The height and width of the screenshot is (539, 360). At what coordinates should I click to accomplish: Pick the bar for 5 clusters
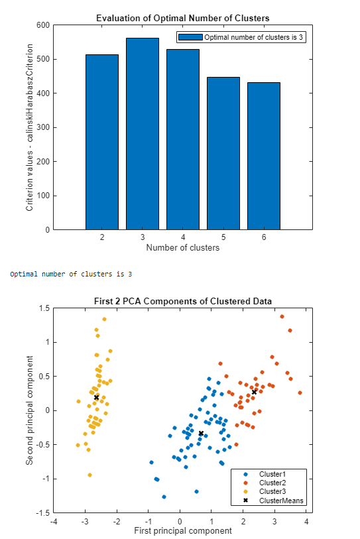point(223,154)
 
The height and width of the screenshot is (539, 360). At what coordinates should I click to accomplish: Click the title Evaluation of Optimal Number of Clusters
point(183,17)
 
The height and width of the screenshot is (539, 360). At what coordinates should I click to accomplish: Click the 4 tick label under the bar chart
point(183,237)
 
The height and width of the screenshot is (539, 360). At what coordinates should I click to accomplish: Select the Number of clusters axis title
point(183,248)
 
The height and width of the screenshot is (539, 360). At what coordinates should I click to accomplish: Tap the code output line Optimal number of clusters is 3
point(71,274)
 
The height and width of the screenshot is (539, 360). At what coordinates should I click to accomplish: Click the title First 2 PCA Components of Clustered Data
point(183,300)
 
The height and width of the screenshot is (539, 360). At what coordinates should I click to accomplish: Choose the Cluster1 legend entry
point(272,475)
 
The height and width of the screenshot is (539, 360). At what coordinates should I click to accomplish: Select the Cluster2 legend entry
point(272,483)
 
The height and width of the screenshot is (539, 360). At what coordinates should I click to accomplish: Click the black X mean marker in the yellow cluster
point(96,397)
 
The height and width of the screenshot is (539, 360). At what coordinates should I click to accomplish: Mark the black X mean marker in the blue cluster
point(201,434)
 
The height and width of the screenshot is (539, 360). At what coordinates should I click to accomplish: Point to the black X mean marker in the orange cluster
point(254,392)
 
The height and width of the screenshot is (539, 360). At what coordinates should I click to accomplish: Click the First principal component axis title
point(183,531)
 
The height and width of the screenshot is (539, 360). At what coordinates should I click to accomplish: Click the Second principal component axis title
point(30,410)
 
